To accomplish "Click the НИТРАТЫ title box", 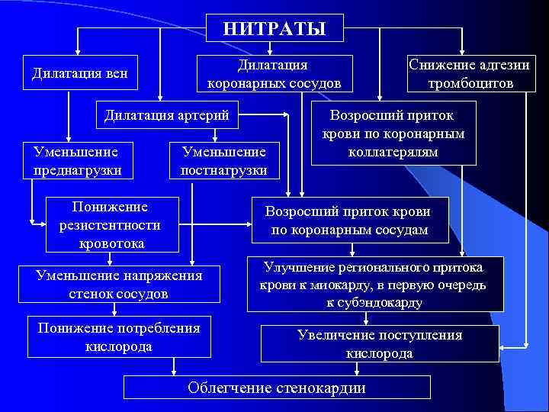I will [x=274, y=28].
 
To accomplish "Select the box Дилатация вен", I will [x=79, y=74].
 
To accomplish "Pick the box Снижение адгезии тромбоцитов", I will [x=470, y=74].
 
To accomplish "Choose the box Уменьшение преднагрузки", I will [x=78, y=160].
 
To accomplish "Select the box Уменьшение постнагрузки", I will [x=224, y=160].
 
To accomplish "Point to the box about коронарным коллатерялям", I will [x=395, y=134].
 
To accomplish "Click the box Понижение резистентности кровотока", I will [x=110, y=224].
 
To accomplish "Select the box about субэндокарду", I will [x=375, y=284].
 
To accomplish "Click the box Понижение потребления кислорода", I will [x=119, y=336].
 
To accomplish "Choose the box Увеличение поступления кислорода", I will [x=380, y=343].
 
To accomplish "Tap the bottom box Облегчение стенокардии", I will [x=277, y=388].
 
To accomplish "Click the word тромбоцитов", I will [x=470, y=83].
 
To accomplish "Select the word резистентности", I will [x=110, y=225].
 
